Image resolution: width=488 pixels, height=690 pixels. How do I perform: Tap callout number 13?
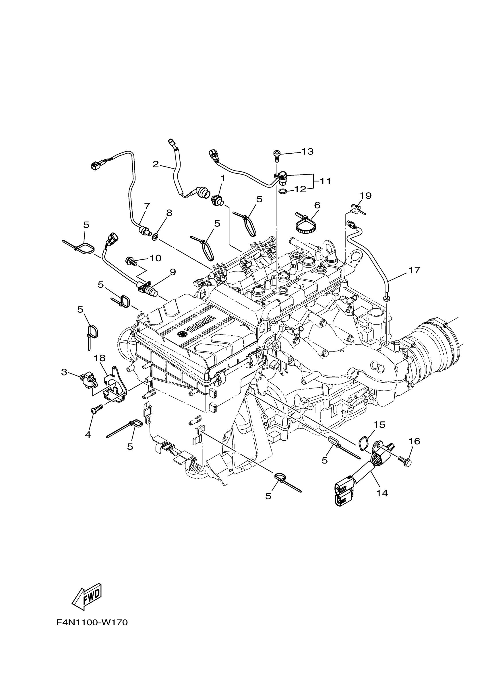[307, 152]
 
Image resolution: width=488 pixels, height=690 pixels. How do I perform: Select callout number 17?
[414, 270]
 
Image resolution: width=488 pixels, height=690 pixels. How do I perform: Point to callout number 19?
[365, 196]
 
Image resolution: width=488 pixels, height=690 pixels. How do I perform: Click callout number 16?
[414, 441]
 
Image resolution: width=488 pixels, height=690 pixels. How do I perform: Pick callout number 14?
[382, 493]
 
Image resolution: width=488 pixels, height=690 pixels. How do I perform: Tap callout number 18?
[99, 358]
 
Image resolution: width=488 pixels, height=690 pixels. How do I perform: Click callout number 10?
[156, 258]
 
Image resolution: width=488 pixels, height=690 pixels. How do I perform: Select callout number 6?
[317, 205]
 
